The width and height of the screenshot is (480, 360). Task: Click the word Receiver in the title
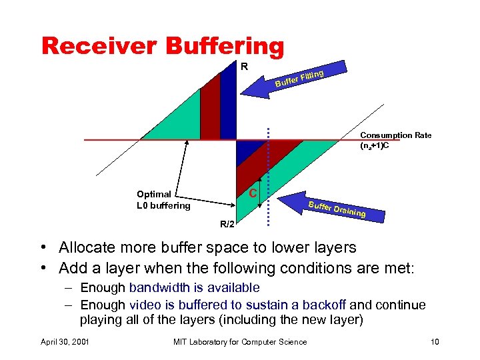point(98,45)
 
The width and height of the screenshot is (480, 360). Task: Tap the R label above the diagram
point(244,67)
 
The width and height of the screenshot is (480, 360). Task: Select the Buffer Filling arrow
point(293,80)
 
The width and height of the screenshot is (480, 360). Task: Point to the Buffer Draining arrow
point(330,207)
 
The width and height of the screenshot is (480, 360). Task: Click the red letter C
point(253,193)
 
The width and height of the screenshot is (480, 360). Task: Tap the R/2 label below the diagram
point(228,224)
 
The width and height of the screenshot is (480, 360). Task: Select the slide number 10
point(435,342)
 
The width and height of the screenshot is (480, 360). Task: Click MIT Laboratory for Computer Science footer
point(240,342)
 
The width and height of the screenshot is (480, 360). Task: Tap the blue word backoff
point(324,305)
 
